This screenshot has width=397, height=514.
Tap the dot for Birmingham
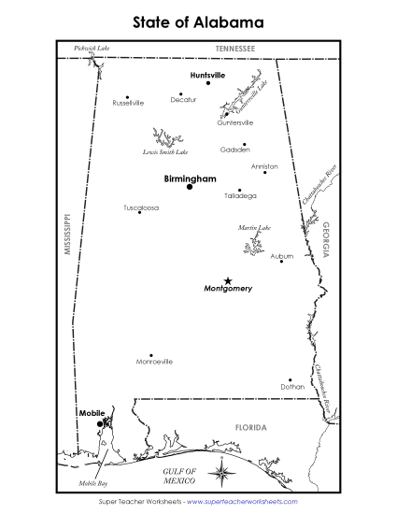pos(190,187)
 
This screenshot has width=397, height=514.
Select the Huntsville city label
pos(207,74)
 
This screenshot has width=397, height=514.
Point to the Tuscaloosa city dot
pos(139,212)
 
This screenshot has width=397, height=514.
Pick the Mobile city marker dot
pos(99,423)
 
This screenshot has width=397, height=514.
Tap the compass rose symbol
pos(222,476)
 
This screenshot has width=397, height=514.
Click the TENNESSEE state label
pos(234,47)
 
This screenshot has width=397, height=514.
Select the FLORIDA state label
pos(250,427)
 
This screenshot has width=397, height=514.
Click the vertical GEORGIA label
pos(326,239)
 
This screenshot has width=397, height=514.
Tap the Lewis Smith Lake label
pos(164,151)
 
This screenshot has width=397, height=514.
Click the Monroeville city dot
pos(150,355)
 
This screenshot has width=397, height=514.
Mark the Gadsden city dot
pos(245,144)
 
